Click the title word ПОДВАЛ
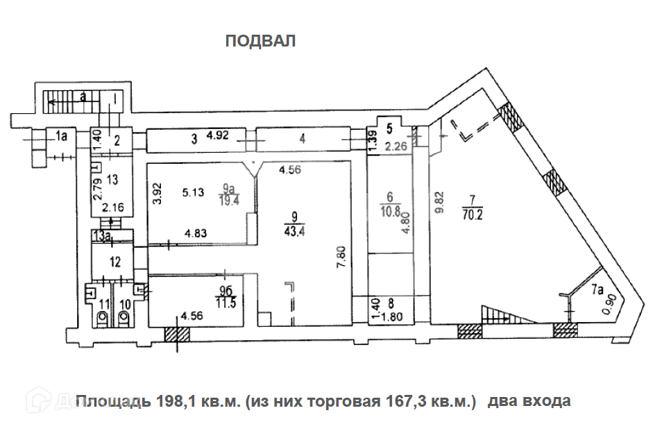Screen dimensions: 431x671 [260, 42]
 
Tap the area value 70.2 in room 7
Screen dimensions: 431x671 [473, 214]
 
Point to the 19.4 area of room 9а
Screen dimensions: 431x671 [225, 201]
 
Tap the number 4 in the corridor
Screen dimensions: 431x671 [302, 138]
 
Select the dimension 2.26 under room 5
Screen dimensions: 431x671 [397, 146]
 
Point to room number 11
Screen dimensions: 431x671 [104, 304]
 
